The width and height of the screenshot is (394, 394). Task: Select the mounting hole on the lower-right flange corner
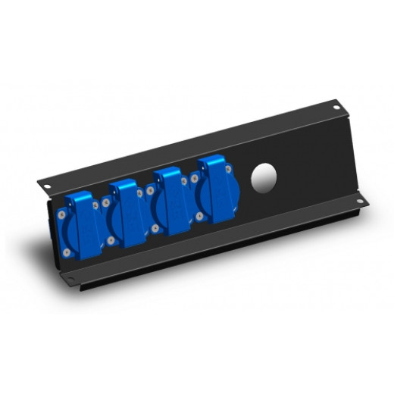[359, 202]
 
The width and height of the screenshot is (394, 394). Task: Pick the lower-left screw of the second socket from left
[111, 240]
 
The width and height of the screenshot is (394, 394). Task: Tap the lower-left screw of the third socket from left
[156, 228]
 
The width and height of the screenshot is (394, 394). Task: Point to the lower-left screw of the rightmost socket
[200, 217]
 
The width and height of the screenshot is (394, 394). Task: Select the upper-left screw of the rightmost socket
[194, 179]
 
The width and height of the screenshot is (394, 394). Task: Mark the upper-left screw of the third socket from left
[150, 190]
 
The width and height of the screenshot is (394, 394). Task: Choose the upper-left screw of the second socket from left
[105, 202]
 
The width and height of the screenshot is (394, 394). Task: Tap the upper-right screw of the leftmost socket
[95, 205]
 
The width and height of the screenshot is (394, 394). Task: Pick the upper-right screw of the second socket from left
[139, 192]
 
